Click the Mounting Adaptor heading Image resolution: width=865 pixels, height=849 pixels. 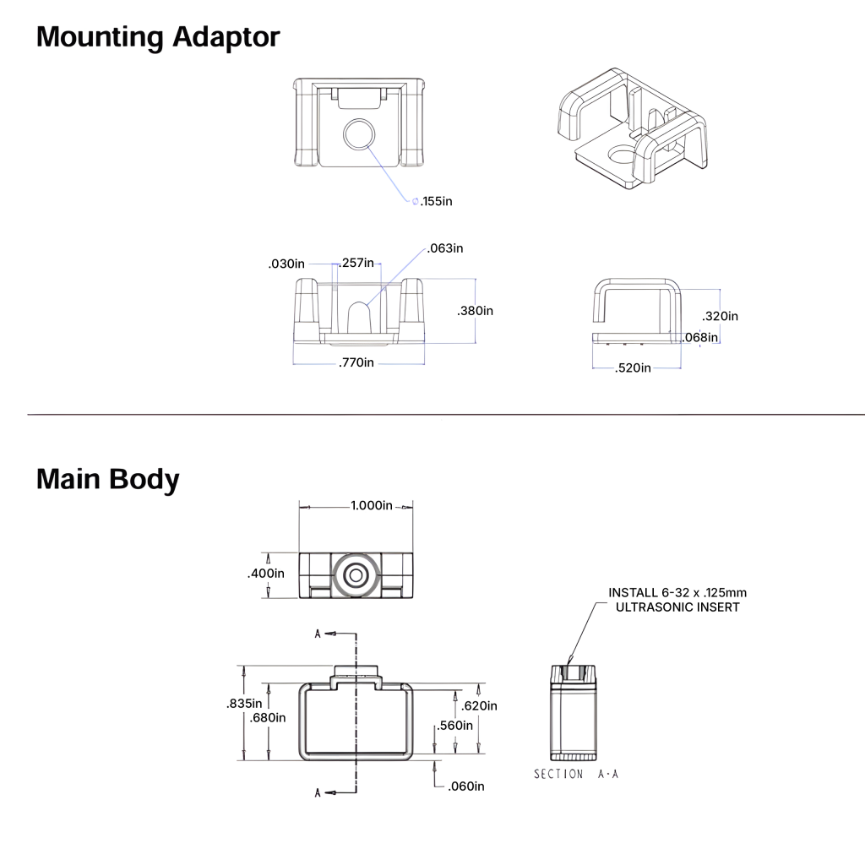tap(158, 37)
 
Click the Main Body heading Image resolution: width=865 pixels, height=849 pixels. tap(107, 479)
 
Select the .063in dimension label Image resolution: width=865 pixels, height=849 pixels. tap(445, 248)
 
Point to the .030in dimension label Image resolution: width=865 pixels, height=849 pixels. tap(286, 264)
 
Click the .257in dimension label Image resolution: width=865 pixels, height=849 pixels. tap(358, 264)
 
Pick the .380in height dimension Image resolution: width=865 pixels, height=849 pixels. tap(475, 311)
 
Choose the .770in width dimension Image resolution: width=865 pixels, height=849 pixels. tap(356, 362)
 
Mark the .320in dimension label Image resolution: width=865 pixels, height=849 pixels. tap(721, 316)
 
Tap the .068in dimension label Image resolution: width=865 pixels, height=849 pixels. tap(701, 338)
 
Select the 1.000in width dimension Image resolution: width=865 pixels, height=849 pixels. tap(371, 506)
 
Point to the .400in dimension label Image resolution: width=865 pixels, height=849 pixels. tap(266, 574)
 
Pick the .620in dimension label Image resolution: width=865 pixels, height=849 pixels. tap(479, 705)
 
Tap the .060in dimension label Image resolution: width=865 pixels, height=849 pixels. tap(466, 786)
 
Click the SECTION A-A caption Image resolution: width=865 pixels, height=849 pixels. tap(575, 774)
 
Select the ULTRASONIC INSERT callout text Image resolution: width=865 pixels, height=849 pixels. tap(678, 607)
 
